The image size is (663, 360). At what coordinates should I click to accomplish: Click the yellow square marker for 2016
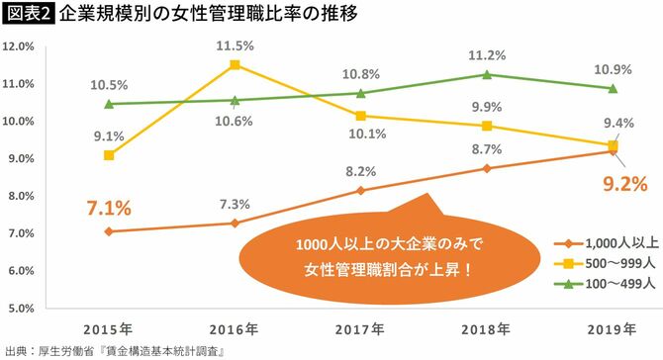(235, 65)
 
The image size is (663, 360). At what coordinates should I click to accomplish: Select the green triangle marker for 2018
(487, 74)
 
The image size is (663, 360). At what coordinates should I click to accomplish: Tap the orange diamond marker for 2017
(360, 190)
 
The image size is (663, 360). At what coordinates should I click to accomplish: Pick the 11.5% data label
(236, 45)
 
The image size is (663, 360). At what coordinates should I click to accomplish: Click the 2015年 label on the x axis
(109, 326)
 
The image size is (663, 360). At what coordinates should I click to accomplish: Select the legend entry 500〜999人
(614, 264)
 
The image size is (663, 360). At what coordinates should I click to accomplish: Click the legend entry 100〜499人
(614, 284)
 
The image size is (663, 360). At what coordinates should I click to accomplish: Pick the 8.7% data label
(487, 148)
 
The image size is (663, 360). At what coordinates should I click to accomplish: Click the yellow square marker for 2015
(108, 155)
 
